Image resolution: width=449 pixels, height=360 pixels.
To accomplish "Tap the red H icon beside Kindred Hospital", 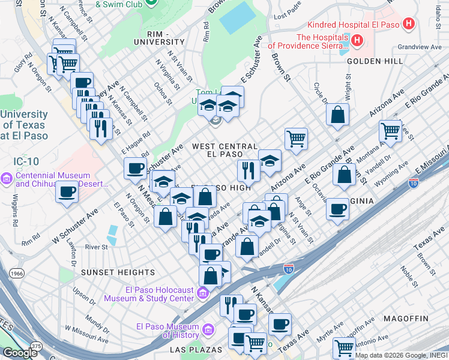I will (409, 25).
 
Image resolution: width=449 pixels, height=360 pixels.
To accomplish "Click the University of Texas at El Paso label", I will (24, 125).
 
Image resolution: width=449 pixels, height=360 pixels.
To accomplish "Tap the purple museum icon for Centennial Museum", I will (7, 179).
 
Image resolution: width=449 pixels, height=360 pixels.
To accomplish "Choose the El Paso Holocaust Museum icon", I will (203, 293).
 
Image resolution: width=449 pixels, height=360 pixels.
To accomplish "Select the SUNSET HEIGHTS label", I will (118, 272).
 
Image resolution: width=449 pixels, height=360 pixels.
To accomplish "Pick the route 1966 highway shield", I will (17, 273).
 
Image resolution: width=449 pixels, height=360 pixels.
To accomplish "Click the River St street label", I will (96, 247).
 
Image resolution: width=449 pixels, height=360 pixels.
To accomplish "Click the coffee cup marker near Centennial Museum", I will (67, 192).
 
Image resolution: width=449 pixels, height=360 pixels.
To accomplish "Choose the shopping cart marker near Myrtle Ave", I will (345, 347).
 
